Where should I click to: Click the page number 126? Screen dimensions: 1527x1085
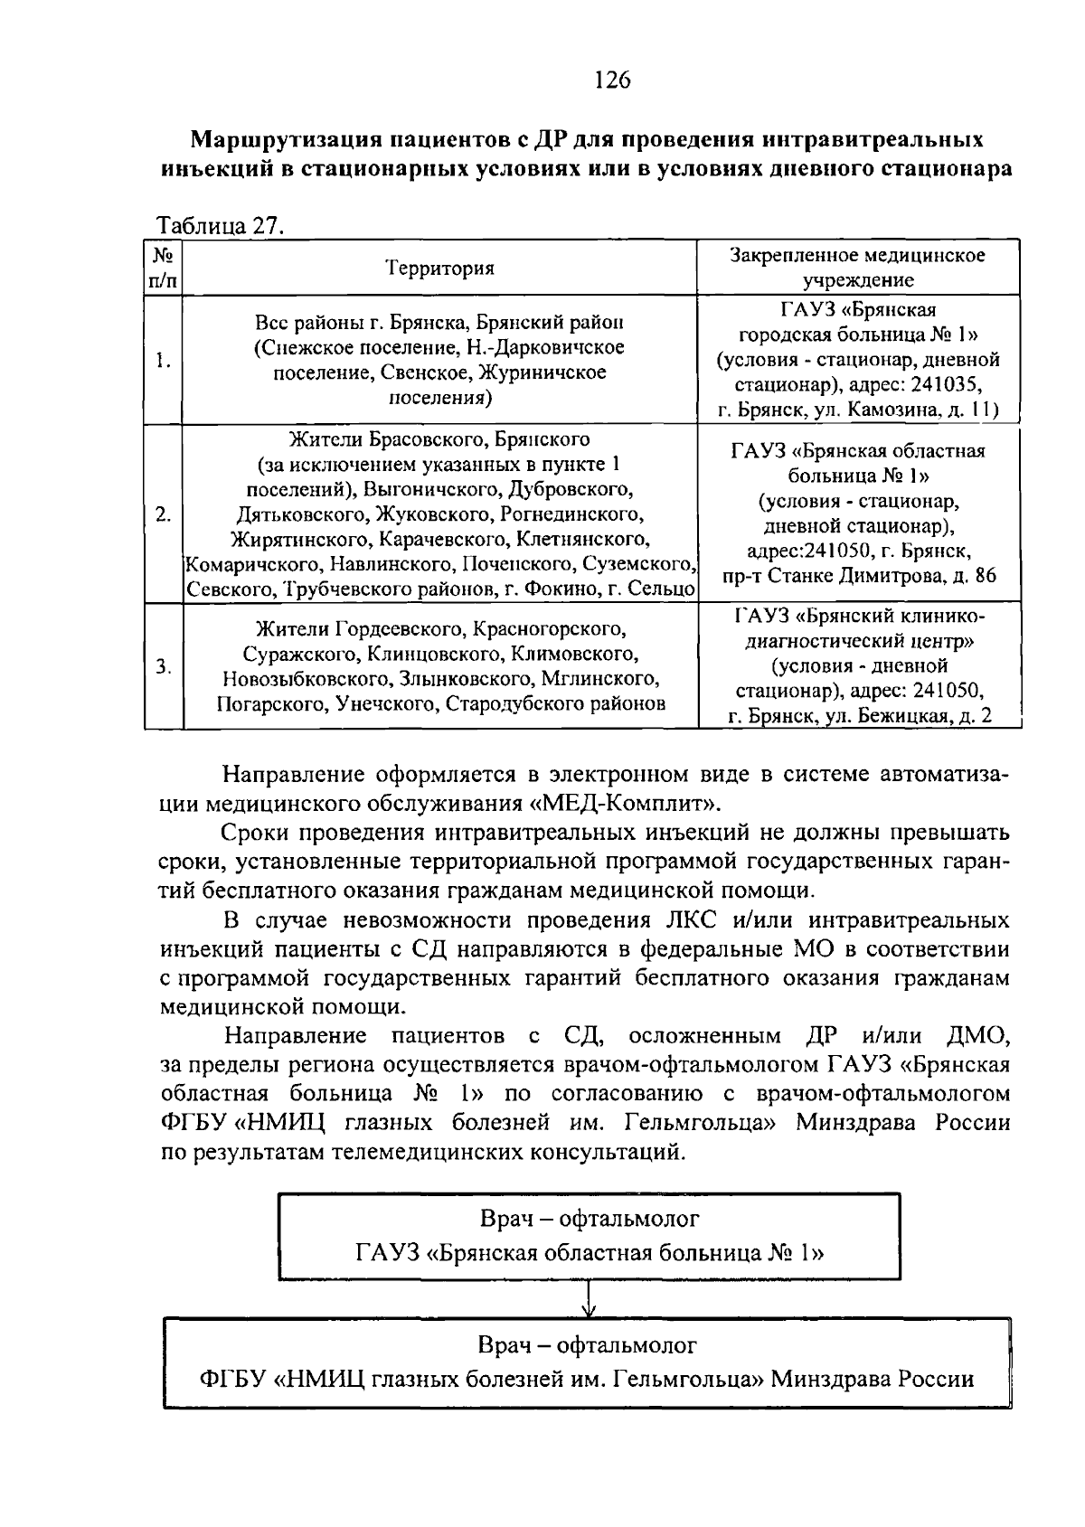(x=612, y=80)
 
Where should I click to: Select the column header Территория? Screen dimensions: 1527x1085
(x=440, y=269)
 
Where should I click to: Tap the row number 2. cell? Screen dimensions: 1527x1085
(x=164, y=514)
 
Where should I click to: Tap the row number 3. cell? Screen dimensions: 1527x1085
(x=164, y=667)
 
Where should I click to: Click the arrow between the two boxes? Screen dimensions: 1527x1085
(x=589, y=1299)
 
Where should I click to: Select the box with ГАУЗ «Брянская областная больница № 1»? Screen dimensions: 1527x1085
(x=589, y=1236)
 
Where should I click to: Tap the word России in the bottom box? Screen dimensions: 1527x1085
(x=935, y=1380)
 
